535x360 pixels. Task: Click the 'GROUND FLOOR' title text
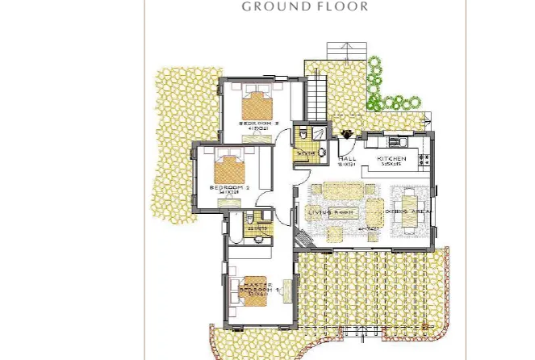[x=305, y=6]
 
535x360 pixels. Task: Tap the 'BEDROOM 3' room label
[x=259, y=123]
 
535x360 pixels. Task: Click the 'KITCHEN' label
[x=392, y=159]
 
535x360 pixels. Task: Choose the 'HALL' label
[x=348, y=159]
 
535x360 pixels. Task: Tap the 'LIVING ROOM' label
[x=332, y=211]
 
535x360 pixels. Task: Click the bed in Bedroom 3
[x=258, y=104]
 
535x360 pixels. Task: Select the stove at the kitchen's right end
[x=424, y=153]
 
